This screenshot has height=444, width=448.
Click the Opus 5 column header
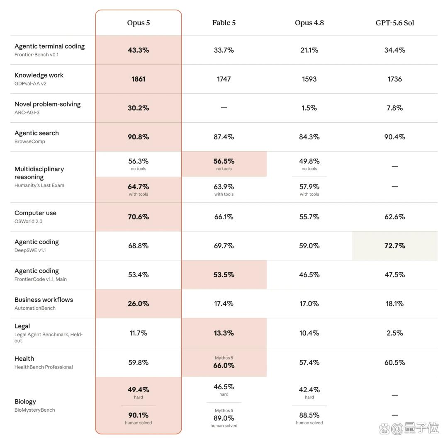click(138, 23)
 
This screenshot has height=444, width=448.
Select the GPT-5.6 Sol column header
click(394, 23)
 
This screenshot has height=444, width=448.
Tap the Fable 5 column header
click(224, 23)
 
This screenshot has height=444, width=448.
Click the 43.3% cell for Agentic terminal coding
click(138, 50)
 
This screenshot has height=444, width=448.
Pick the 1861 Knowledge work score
click(138, 79)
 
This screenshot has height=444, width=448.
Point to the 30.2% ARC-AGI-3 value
click(138, 108)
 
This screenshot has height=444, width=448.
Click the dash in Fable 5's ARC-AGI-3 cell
click(224, 108)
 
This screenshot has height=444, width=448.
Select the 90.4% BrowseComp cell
click(394, 137)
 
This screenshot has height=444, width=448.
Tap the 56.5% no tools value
click(224, 161)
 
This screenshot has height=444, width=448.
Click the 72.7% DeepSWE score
click(394, 246)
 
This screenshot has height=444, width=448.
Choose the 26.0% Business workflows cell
click(138, 303)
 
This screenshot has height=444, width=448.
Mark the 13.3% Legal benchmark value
click(224, 333)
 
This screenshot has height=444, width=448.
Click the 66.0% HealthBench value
click(224, 366)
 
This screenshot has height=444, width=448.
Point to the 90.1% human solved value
click(138, 415)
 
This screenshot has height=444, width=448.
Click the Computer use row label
click(35, 213)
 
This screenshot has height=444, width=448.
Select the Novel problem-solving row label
click(47, 104)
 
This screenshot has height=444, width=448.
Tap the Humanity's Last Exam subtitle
click(39, 185)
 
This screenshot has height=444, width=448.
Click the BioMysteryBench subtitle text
click(34, 410)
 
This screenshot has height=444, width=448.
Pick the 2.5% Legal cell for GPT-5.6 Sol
click(394, 333)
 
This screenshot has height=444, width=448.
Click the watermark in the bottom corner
click(409, 428)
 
